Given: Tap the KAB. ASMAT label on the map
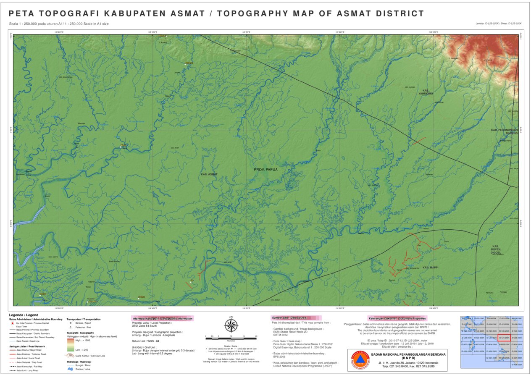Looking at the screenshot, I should [209, 174].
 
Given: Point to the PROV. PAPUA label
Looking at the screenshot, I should [266, 170].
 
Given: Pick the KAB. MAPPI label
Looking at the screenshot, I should [431, 267].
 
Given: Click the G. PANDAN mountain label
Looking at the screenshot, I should [453, 58].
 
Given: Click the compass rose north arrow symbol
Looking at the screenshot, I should [231, 325].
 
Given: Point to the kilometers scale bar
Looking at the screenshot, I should [231, 337].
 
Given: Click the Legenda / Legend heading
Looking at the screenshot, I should [24, 315].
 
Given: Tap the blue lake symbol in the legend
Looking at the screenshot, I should [70, 369].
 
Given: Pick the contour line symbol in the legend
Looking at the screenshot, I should [70, 356].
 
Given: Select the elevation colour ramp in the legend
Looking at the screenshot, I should [71, 345].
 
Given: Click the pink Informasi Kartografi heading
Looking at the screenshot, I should [163, 319].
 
